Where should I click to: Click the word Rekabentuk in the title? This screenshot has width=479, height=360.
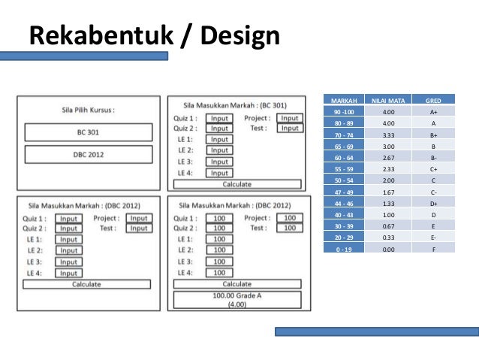point(98,35)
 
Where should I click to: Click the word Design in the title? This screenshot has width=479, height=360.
point(236,35)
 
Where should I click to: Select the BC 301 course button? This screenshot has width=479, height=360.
point(88,132)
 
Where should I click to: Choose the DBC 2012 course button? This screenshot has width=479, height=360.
point(88,155)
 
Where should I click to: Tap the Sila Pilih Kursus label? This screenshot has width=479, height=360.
point(88,110)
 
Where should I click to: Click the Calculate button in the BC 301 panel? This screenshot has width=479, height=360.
point(237,184)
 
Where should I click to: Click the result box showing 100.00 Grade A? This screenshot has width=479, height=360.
point(237,300)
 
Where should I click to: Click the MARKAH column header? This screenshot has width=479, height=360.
point(343,100)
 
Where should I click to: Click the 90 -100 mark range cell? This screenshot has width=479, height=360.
point(343,111)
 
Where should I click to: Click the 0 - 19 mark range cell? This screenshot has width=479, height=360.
point(343,249)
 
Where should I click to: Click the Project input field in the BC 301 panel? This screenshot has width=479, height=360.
point(289,118)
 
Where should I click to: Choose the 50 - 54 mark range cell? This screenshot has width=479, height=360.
point(343,180)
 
